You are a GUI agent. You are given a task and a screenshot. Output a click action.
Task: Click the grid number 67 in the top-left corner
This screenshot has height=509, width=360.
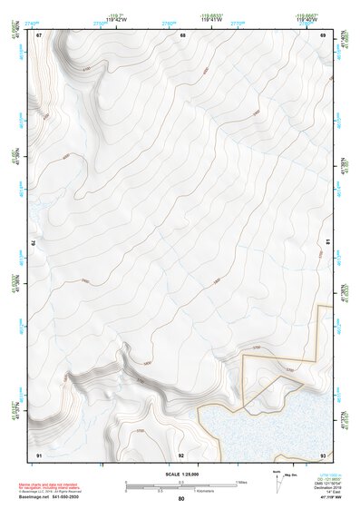(39, 34)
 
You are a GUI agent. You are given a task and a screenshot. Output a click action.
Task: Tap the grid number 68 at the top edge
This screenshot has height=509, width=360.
(182, 34)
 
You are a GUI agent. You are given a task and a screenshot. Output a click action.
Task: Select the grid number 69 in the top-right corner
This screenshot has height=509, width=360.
(323, 34)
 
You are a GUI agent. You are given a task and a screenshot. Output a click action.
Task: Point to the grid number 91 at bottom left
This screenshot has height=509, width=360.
(39, 454)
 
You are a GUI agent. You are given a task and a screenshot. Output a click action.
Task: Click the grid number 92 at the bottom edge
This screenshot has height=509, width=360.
(181, 454)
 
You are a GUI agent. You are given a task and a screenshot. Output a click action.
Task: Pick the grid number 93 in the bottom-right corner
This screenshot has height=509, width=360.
(323, 454)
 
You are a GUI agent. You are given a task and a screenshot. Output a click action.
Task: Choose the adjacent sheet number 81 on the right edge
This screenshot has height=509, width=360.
(326, 243)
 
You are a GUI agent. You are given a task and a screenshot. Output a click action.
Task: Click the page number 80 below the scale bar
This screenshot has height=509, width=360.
(181, 499)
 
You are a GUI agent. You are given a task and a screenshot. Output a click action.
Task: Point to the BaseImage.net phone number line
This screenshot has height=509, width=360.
(50, 497)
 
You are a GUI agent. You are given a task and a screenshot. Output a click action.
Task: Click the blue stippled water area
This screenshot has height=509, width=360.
(272, 426)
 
